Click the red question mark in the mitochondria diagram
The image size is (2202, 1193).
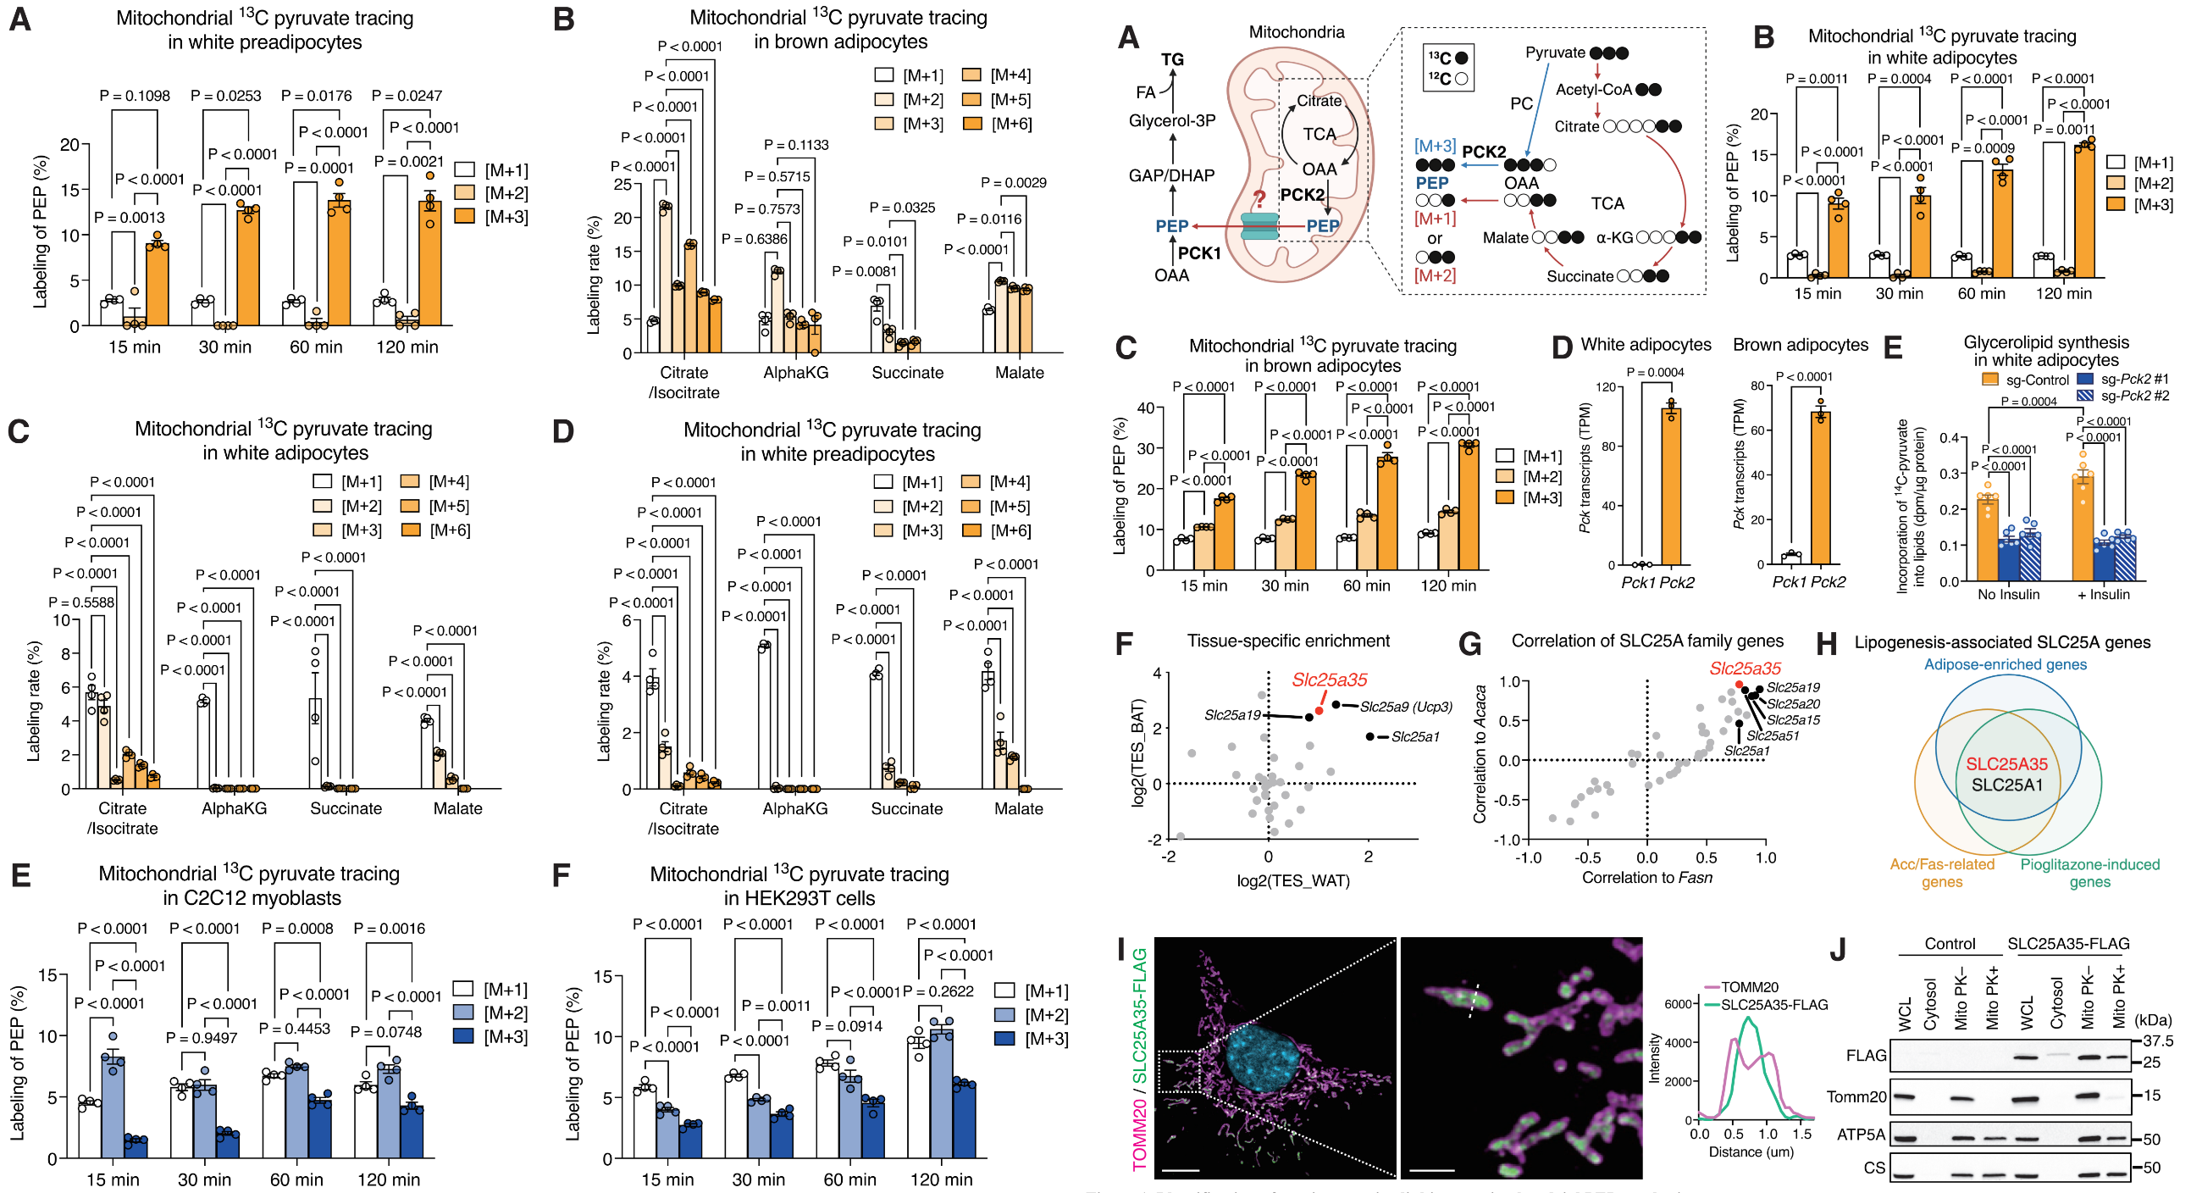pos(1259,200)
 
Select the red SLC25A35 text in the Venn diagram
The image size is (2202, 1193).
pos(2006,763)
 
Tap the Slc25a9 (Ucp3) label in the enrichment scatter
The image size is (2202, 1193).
pos(1405,707)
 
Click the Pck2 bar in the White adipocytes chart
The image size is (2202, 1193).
pos(1670,487)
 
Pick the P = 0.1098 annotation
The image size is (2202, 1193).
pos(134,96)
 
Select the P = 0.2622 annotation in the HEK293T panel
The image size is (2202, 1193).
pos(938,991)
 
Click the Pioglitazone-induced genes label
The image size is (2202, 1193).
pos(2089,873)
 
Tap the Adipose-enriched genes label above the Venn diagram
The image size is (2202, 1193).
pos(2005,664)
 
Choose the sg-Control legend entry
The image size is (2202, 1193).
pos(2025,380)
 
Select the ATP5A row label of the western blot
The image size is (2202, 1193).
pos(1861,1135)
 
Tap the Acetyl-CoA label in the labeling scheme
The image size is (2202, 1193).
pos(1592,90)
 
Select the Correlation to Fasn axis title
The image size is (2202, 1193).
pos(1646,878)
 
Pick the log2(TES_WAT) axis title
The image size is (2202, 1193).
pos(1292,880)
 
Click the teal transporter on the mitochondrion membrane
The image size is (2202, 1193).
pos(1259,226)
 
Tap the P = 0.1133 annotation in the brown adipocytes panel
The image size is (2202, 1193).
pos(796,145)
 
